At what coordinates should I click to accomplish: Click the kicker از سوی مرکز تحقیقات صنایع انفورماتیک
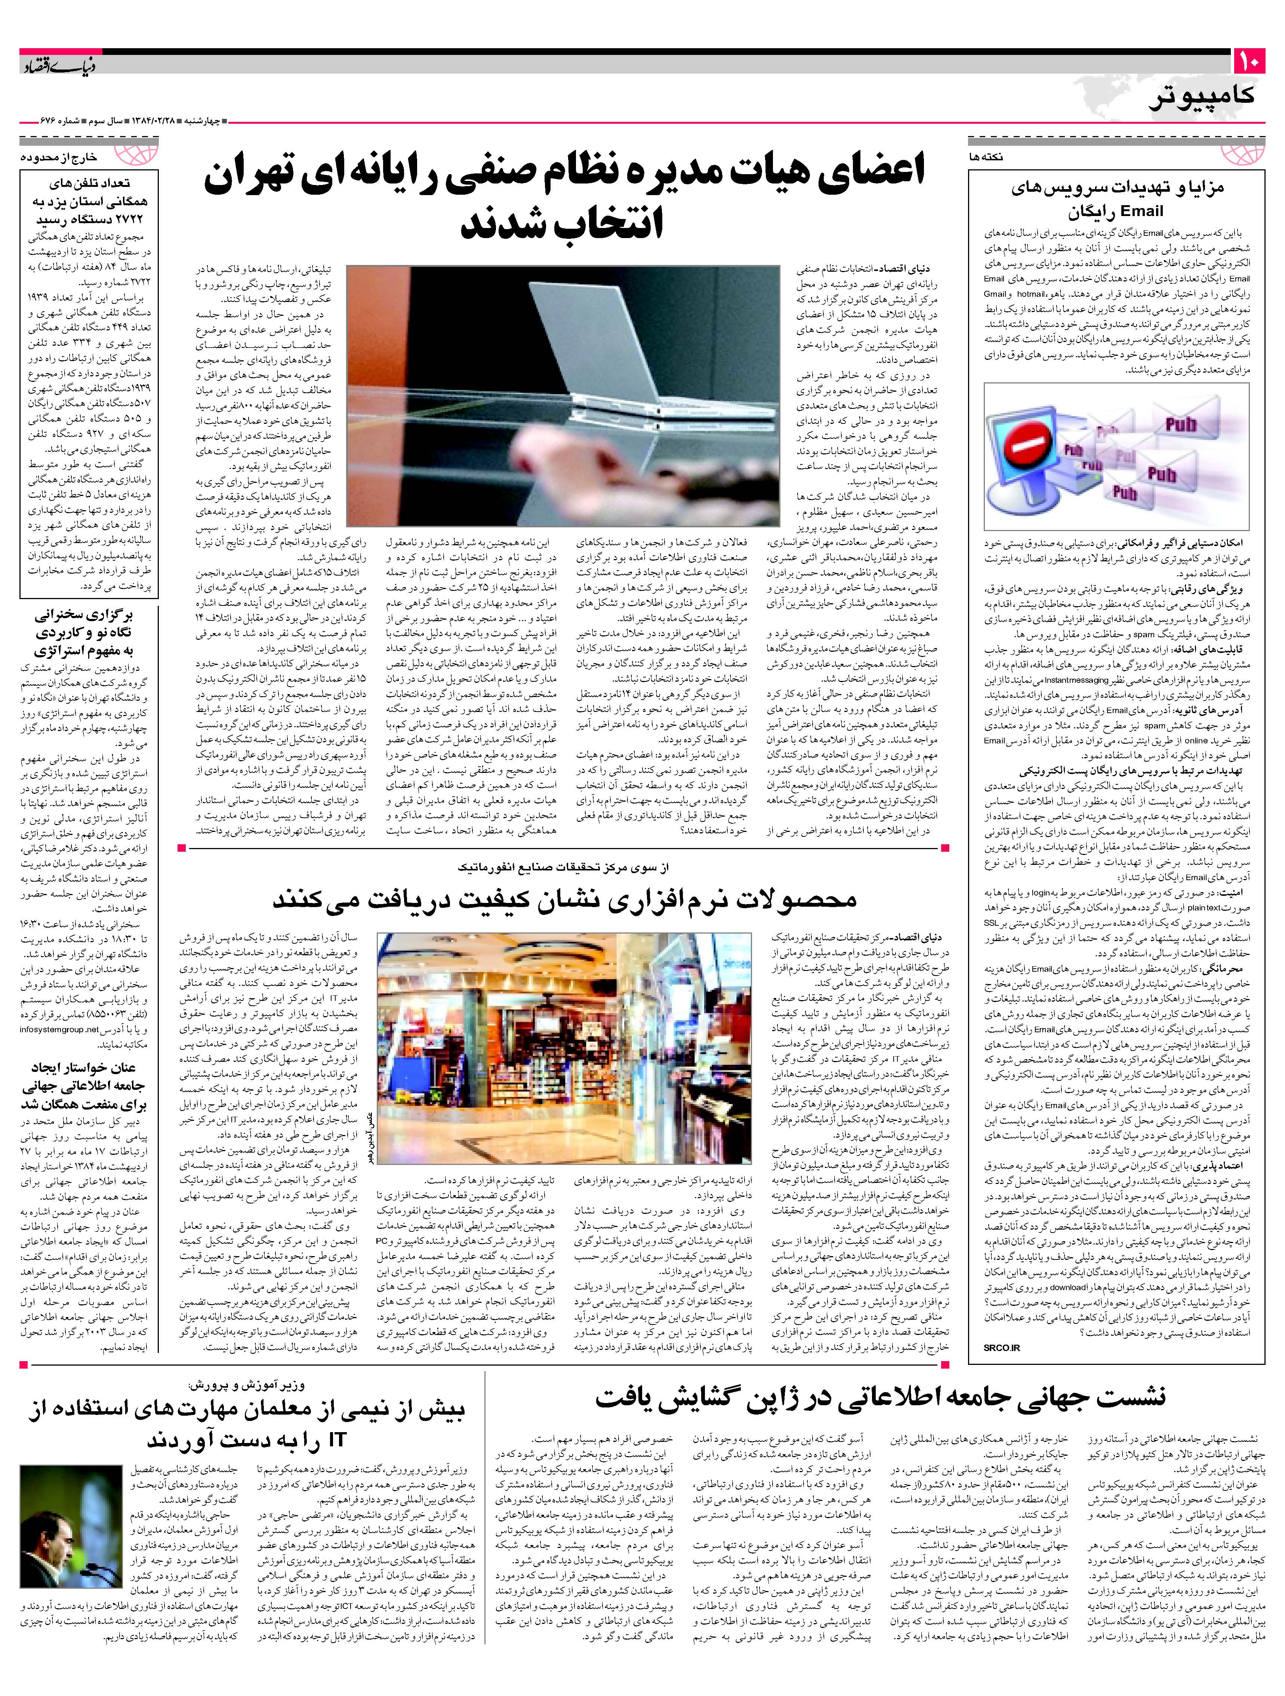tap(564, 866)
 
